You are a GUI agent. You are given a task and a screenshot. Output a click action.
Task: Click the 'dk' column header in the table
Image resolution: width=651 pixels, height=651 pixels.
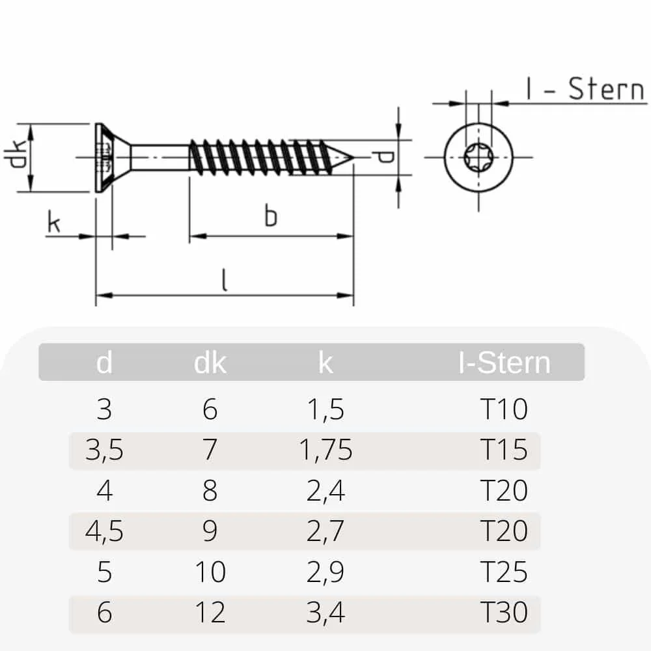210,363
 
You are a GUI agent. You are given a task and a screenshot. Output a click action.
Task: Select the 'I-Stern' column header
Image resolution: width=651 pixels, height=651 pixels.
504,363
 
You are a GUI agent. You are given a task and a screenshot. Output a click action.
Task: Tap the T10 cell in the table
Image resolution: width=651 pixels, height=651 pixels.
503,409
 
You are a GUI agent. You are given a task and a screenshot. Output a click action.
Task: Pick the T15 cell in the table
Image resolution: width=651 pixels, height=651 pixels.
503,450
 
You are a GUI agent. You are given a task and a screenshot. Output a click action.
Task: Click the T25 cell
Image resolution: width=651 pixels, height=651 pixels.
503,572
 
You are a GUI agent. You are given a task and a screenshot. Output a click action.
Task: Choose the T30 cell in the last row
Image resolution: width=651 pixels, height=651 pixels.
503,612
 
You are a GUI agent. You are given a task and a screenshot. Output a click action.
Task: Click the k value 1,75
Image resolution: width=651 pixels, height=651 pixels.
326,450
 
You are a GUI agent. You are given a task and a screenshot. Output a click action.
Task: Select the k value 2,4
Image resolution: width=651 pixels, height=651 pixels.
326,490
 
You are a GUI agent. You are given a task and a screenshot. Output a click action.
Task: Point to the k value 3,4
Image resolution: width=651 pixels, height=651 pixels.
326,612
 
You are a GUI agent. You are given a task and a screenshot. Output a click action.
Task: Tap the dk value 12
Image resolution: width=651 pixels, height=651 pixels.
210,612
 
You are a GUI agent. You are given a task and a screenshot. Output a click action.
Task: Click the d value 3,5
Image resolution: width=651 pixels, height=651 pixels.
104,450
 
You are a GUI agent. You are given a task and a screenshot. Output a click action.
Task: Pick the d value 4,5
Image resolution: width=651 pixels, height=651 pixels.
104,531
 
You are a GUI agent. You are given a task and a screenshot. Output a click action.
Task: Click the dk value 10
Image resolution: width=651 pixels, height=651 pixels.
210,572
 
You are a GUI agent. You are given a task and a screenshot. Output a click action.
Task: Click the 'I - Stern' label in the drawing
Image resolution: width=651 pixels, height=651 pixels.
585,89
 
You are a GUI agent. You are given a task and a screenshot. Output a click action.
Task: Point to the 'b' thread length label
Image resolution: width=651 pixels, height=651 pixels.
271,216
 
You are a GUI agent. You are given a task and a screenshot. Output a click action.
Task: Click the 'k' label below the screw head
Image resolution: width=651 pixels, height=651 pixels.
54,223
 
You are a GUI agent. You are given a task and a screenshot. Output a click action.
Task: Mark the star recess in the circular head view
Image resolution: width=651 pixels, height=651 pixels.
478,157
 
